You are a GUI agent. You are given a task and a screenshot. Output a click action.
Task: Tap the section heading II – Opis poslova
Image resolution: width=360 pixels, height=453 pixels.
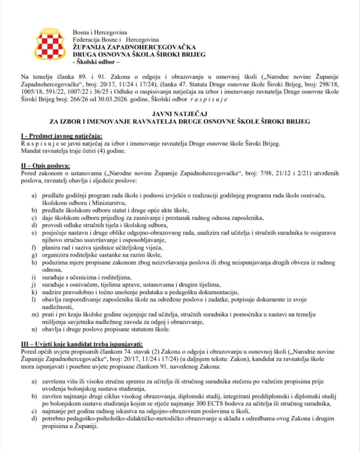coord(46,165)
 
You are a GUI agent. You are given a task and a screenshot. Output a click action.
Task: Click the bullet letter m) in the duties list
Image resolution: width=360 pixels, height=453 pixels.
coord(34,314)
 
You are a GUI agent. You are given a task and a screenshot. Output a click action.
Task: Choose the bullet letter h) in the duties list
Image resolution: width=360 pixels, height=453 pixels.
coord(34,262)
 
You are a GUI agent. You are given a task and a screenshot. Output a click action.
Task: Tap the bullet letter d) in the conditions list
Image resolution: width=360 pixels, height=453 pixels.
coord(34,418)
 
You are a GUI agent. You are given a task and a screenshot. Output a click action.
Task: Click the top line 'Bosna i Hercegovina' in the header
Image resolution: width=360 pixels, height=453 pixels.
coord(100,32)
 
